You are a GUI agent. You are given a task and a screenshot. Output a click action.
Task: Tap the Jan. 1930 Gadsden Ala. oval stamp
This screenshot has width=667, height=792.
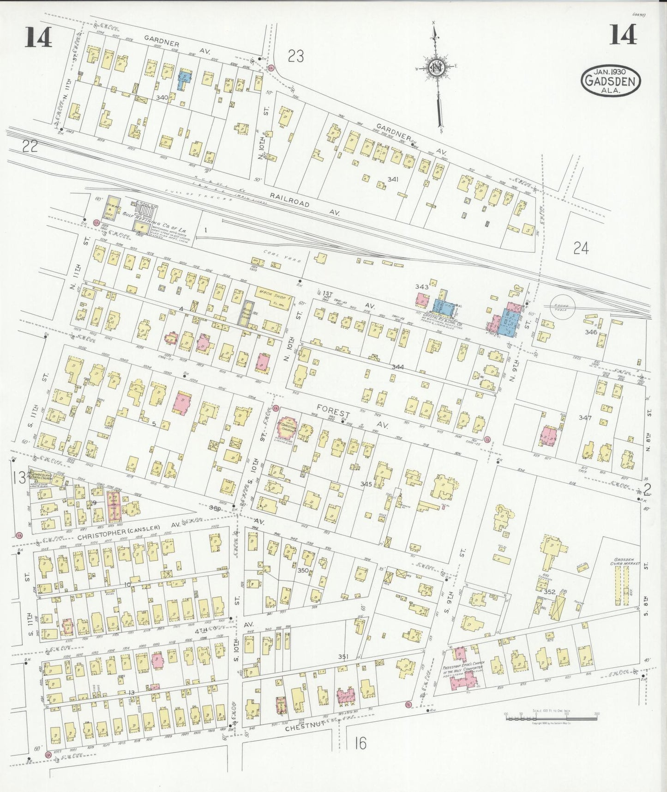tap(610, 80)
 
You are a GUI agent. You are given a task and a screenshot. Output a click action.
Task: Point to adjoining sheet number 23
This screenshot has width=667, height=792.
tap(296, 56)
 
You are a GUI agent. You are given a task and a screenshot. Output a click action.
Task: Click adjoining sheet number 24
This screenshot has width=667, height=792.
tap(581, 249)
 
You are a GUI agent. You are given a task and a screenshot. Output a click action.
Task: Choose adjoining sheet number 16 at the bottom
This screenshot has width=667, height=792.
tap(361, 743)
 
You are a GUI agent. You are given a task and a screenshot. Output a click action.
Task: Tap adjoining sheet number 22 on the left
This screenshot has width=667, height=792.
tap(30, 146)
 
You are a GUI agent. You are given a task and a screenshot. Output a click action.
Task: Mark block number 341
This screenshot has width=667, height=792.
tap(393, 179)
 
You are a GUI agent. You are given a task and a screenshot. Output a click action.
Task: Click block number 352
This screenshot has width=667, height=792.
tap(549, 591)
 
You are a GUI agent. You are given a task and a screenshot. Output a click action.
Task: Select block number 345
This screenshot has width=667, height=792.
tap(366, 484)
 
